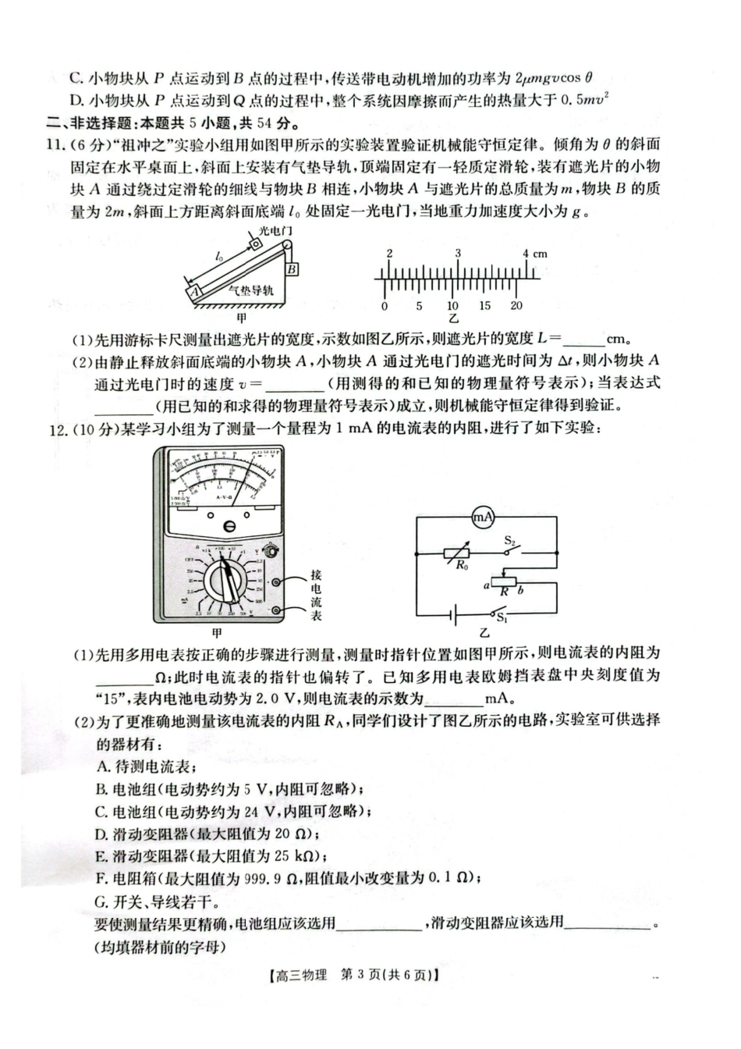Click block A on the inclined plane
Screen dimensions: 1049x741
pyautogui.click(x=193, y=290)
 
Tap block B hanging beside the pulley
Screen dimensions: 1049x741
pyautogui.click(x=292, y=269)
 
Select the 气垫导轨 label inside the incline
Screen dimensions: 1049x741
pyautogui.click(x=251, y=290)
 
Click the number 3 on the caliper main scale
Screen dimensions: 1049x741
pyautogui.click(x=458, y=254)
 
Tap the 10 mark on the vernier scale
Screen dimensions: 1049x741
pyautogui.click(x=452, y=306)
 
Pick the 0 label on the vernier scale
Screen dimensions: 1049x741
pyautogui.click(x=385, y=306)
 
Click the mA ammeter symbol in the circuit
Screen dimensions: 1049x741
pyautogui.click(x=484, y=516)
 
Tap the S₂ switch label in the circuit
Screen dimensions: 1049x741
pyautogui.click(x=511, y=540)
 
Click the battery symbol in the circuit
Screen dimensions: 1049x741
pyautogui.click(x=455, y=613)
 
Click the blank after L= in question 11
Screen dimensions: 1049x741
pyautogui.click(x=583, y=340)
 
